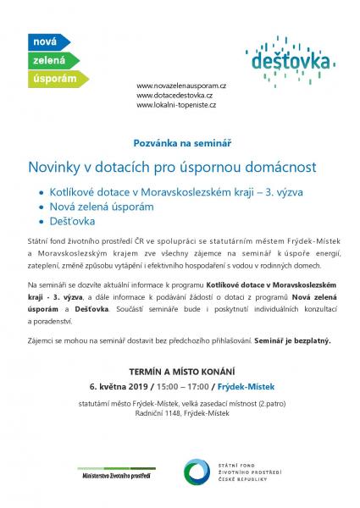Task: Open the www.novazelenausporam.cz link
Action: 181,86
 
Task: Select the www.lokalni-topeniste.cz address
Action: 176,105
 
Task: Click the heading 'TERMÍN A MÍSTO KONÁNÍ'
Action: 180,371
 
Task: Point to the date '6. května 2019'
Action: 118,386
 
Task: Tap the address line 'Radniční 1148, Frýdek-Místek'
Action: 180,414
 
